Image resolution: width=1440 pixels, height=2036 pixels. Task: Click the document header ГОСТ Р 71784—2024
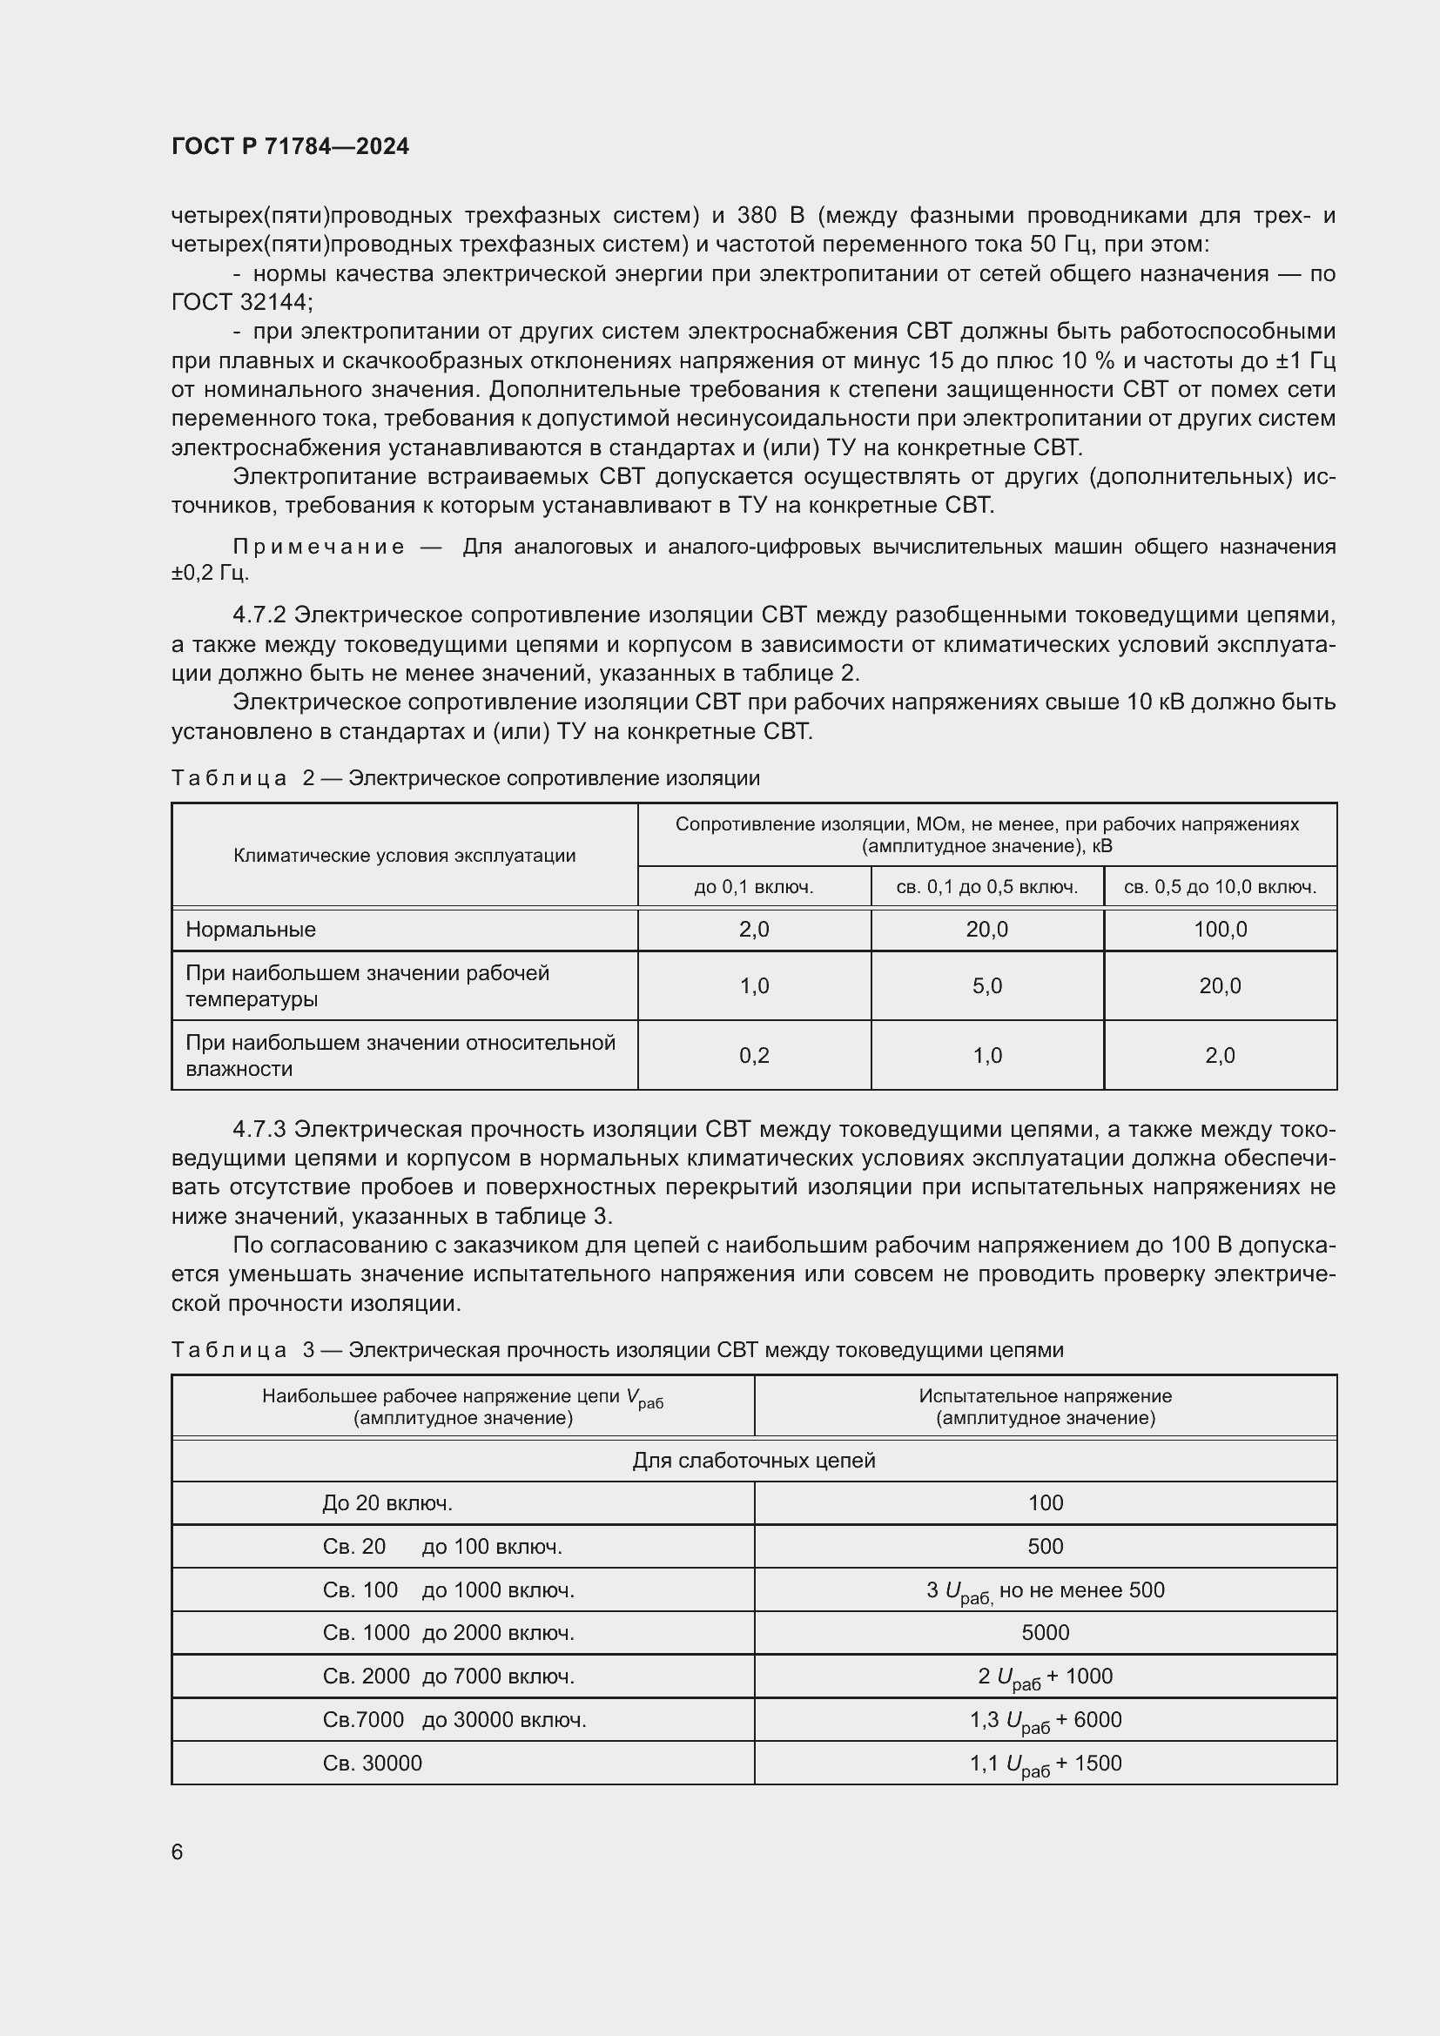click(290, 146)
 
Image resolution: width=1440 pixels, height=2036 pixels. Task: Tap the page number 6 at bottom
click(178, 1851)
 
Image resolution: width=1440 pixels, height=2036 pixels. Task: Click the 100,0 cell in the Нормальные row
click(1220, 930)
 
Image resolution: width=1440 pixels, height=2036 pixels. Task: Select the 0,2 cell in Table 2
click(755, 1055)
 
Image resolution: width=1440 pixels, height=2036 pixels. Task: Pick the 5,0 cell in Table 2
click(987, 986)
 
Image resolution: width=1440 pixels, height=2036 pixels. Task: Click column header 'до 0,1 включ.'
click(754, 887)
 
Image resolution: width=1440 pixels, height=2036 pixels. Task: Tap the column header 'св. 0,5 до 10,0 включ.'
click(1220, 887)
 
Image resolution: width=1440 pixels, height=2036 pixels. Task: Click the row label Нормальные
click(251, 930)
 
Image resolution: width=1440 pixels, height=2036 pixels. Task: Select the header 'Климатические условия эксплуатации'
click(404, 856)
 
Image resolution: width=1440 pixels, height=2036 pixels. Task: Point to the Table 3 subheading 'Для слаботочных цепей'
click(754, 1461)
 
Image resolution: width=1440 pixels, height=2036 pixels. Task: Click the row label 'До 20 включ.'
click(387, 1503)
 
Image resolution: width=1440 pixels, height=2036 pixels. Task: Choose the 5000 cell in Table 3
click(1046, 1632)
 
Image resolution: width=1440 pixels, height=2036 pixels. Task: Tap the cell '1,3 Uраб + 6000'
click(1046, 1720)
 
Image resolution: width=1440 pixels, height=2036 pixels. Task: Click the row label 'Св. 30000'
click(373, 1764)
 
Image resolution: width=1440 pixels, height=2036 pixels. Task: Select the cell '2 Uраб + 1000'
click(1046, 1677)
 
